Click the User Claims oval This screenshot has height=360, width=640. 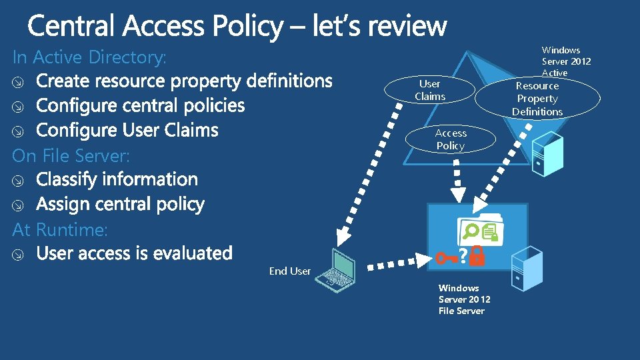pyautogui.click(x=430, y=90)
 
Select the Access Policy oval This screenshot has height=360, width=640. pyautogui.click(x=451, y=139)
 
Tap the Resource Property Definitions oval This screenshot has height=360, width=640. pyautogui.click(x=537, y=99)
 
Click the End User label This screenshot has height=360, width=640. pyautogui.click(x=290, y=271)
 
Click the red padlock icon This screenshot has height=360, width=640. pyautogui.click(x=477, y=257)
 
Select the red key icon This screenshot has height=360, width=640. pyautogui.click(x=446, y=257)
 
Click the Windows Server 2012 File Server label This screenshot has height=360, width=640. pyautogui.click(x=464, y=299)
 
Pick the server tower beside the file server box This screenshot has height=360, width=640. pyautogui.click(x=527, y=267)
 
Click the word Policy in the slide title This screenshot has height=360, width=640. pyautogui.click(x=249, y=26)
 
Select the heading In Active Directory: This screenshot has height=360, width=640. pyautogui.click(x=89, y=57)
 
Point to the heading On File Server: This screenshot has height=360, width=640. pyautogui.click(x=71, y=155)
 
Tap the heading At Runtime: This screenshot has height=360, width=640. pyautogui.click(x=60, y=229)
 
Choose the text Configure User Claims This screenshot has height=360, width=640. pyautogui.click(x=127, y=130)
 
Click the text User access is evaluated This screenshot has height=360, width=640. pyautogui.click(x=134, y=253)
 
